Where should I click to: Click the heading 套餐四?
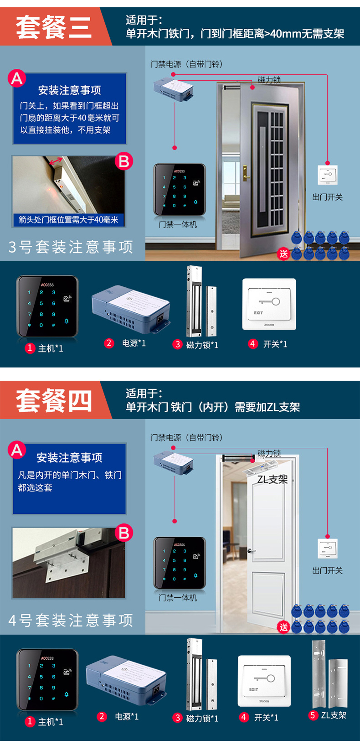pyautogui.click(x=53, y=401)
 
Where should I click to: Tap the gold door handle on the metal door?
pyautogui.click(x=246, y=173)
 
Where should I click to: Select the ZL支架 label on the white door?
pyautogui.click(x=272, y=479)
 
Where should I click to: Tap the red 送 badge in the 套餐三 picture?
pyautogui.click(x=283, y=254)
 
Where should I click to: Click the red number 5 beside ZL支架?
pyautogui.click(x=313, y=715)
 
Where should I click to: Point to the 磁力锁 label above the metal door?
pyautogui.click(x=269, y=80)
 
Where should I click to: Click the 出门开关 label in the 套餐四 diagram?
pyautogui.click(x=327, y=571)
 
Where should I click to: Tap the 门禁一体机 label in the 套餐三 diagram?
pyautogui.click(x=178, y=224)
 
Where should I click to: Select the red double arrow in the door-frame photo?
pyautogui.click(x=56, y=161)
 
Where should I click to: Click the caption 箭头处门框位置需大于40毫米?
pyautogui.click(x=68, y=220)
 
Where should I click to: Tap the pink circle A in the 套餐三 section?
pyautogui.click(x=17, y=78)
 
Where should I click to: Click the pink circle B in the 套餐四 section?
pyautogui.click(x=123, y=533)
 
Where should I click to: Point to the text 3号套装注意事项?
pyautogui.click(x=71, y=247)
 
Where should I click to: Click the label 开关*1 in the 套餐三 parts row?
pyautogui.click(x=275, y=344)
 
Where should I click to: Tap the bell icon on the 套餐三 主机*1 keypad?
pyautogui.click(x=67, y=321)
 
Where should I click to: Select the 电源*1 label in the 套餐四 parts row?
pyautogui.click(x=127, y=716)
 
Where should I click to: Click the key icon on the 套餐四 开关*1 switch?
pyautogui.click(x=265, y=678)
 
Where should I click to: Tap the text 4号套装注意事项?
pyautogui.click(x=71, y=621)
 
